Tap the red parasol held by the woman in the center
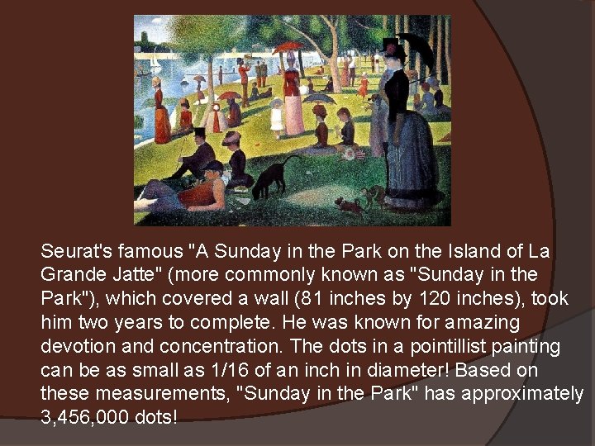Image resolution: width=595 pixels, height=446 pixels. click(x=288, y=47)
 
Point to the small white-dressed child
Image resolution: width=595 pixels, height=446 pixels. click(x=277, y=116)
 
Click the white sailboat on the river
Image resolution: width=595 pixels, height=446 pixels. click(x=155, y=60)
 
